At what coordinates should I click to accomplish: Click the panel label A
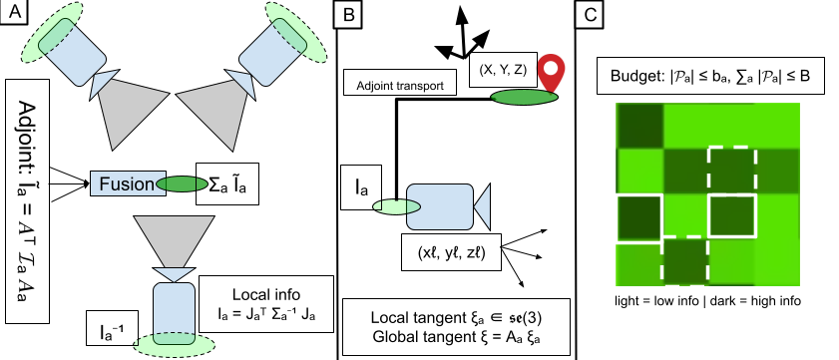pos(14,13)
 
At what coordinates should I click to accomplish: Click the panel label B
pos(347,14)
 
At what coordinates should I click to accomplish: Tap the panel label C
pos(590,14)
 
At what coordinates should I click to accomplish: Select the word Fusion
pos(127,183)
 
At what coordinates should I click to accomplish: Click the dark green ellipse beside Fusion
pos(183,183)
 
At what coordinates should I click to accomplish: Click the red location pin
pos(551,71)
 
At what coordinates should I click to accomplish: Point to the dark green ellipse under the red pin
pos(524,97)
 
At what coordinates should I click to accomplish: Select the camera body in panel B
pos(439,206)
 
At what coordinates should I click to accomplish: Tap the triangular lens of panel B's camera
pos(482,206)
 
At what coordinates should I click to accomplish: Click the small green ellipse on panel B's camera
pos(396,206)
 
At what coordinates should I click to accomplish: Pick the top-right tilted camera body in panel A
pos(271,52)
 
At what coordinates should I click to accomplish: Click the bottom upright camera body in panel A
pos(175,312)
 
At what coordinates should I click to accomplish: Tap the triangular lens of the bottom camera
pos(175,274)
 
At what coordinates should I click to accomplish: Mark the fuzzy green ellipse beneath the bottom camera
pos(175,346)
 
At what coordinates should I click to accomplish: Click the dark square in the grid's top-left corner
pos(639,126)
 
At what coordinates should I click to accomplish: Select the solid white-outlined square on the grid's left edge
pos(638,218)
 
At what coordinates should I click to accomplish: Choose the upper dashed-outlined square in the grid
pos(731,171)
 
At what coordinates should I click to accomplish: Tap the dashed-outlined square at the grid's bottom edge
pos(684,262)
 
